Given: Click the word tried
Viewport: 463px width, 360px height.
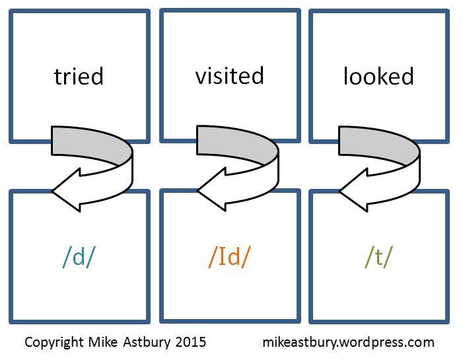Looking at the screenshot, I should click(79, 77).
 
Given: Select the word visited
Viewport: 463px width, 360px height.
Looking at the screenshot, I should click(229, 76).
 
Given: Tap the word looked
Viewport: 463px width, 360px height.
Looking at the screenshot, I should click(378, 77).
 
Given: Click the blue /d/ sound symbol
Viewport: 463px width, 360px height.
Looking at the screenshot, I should click(79, 257).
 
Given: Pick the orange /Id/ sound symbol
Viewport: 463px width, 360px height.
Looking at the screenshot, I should click(229, 257).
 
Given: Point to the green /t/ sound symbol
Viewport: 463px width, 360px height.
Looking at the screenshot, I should click(378, 257).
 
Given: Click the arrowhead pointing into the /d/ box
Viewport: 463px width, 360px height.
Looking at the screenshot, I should click(66, 192).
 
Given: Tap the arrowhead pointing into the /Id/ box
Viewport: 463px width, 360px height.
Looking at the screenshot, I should click(211, 192).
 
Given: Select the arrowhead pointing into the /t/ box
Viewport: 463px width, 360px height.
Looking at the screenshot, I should click(353, 192).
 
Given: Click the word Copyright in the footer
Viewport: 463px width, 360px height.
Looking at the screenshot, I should click(53, 342).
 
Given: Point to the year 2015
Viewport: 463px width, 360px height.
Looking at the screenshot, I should click(192, 342).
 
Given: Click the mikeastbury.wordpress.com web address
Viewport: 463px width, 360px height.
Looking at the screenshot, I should click(348, 342).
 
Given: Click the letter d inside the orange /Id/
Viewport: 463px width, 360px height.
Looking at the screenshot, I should click(234, 257).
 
